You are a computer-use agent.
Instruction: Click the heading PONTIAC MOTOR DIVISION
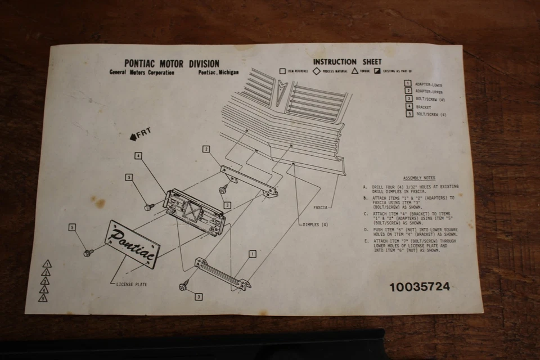[x=172, y=64]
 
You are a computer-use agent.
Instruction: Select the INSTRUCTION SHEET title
[x=347, y=62]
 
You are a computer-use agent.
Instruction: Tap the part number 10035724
[x=419, y=287]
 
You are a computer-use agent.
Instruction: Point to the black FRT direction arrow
[x=133, y=136]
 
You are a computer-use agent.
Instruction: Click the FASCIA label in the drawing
[x=321, y=208]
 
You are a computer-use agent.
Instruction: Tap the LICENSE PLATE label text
[x=131, y=284]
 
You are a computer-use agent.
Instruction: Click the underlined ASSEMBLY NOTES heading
[x=418, y=178]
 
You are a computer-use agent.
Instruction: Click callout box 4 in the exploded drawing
[x=138, y=155]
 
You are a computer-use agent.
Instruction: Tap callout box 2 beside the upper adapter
[x=206, y=149]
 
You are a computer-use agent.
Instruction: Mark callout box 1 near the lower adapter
[x=253, y=254]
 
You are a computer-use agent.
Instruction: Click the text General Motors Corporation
[x=142, y=73]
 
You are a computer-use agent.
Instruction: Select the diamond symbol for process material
[x=317, y=71]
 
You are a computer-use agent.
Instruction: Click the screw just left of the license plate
[x=88, y=253]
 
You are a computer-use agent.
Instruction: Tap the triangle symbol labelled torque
[x=355, y=71]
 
